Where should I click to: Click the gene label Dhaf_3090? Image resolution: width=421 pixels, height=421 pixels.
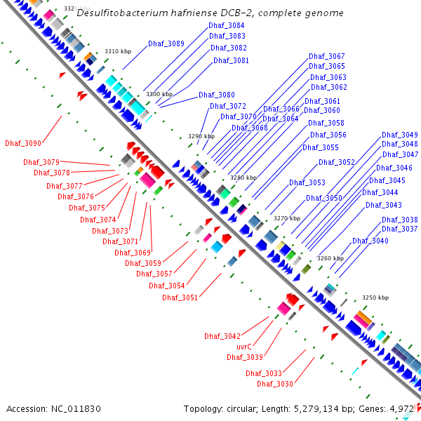pos(22,143)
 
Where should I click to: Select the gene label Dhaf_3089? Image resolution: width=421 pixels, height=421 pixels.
pos(166,44)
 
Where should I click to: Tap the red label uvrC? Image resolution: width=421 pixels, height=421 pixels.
pos(243,347)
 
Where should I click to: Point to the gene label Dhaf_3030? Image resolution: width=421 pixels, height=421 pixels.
pos(274,384)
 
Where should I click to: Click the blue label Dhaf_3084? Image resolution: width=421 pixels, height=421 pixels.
pos(227,25)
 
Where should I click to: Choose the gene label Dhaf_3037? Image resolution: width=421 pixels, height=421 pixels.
pos(399,229)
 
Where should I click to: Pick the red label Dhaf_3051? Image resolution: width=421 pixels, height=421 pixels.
pos(180,298)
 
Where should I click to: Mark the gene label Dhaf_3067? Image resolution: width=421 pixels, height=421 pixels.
pos(327,56)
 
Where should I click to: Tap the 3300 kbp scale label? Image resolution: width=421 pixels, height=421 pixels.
pos(159,94)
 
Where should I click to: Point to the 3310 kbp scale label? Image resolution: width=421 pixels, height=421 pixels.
pos(118,51)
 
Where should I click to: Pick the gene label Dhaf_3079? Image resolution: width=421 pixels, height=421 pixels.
pos(61,162)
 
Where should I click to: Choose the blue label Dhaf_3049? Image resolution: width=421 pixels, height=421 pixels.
pos(400,135)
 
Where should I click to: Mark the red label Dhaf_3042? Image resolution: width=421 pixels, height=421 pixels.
pos(222,336)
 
